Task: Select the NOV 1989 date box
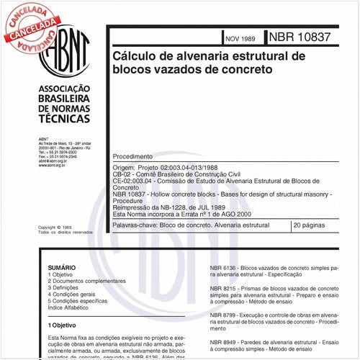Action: click(x=240, y=38)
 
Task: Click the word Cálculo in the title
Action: click(x=135, y=56)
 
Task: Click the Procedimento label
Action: click(x=132, y=156)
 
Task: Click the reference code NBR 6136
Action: click(x=223, y=267)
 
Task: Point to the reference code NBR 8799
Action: click(x=223, y=315)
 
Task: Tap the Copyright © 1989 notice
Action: click(x=55, y=228)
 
